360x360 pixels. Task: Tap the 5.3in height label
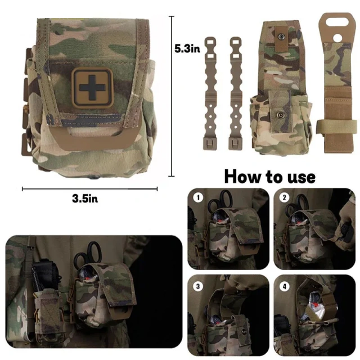(x=187, y=49)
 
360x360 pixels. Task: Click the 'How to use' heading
(x=269, y=176)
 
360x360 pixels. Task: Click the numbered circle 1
(x=197, y=197)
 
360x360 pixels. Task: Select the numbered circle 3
(x=197, y=286)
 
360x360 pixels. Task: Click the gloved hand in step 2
(x=344, y=225)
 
